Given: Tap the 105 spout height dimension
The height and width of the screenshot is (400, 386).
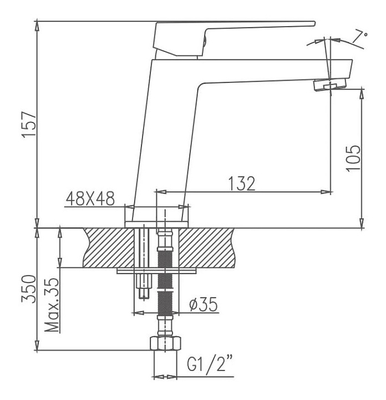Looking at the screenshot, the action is pyautogui.click(x=353, y=158).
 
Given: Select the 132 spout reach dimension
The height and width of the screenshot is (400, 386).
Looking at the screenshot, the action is pyautogui.click(x=242, y=183).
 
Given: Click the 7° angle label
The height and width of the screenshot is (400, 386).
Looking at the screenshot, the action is pyautogui.click(x=360, y=38).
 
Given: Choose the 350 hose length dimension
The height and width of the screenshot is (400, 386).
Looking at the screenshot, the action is pyautogui.click(x=29, y=289).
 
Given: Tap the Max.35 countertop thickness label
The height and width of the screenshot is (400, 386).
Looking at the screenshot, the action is pyautogui.click(x=52, y=305).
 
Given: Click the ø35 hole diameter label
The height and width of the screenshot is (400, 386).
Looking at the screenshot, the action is pyautogui.click(x=204, y=304).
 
